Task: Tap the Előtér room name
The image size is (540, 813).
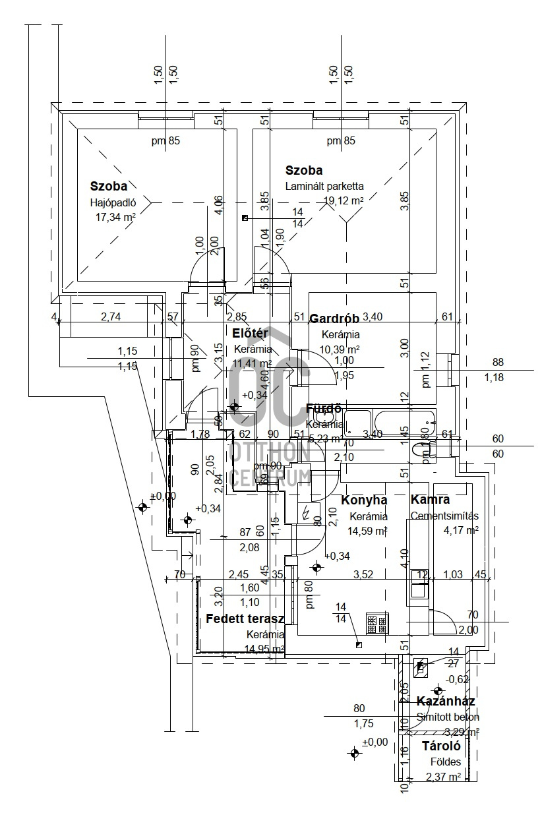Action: click(250, 333)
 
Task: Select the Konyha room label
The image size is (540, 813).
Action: click(364, 500)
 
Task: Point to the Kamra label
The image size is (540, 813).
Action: click(430, 500)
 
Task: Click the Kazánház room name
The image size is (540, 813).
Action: click(446, 702)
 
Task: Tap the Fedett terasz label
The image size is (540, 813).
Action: click(245, 619)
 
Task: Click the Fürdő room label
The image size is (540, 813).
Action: click(324, 409)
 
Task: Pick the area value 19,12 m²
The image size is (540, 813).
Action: click(343, 200)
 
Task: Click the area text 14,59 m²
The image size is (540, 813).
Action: click(368, 530)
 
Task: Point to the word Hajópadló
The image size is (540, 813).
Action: click(113, 202)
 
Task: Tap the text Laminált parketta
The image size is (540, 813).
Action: click(324, 187)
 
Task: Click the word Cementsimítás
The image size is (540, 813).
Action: click(444, 516)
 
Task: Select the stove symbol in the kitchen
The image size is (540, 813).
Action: click(378, 623)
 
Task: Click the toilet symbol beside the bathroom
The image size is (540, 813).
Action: click(420, 451)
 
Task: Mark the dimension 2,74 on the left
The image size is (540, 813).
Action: click(111, 317)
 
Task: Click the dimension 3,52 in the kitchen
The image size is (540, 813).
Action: click(363, 574)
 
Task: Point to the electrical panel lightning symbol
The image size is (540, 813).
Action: click(305, 512)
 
